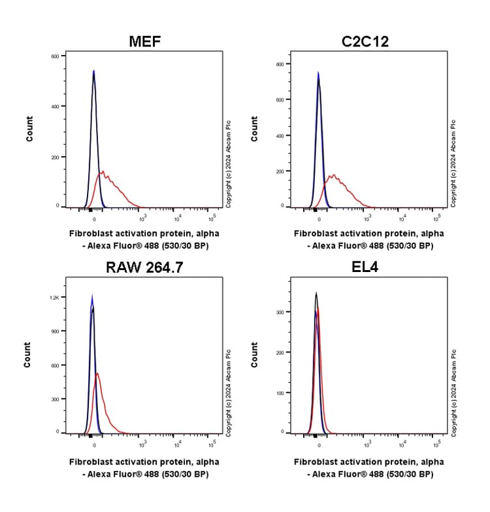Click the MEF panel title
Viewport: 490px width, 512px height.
(144, 43)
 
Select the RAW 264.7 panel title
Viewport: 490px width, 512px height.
(144, 268)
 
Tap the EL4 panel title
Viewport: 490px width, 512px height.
(368, 268)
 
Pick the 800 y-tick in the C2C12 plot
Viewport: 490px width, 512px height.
(280, 64)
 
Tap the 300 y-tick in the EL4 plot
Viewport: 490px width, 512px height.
(280, 313)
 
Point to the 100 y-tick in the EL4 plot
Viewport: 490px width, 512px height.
(280, 393)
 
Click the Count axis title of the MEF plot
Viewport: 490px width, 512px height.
(29, 129)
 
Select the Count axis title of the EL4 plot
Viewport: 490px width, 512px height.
(254, 354)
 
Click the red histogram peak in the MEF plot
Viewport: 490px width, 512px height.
(103, 172)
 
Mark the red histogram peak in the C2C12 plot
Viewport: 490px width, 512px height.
(333, 175)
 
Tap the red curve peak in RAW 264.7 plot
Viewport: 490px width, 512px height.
(97, 373)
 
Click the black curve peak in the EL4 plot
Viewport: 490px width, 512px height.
(316, 293)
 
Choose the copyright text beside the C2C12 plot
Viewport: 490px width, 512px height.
(454, 163)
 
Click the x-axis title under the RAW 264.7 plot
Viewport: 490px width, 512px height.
(144, 468)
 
